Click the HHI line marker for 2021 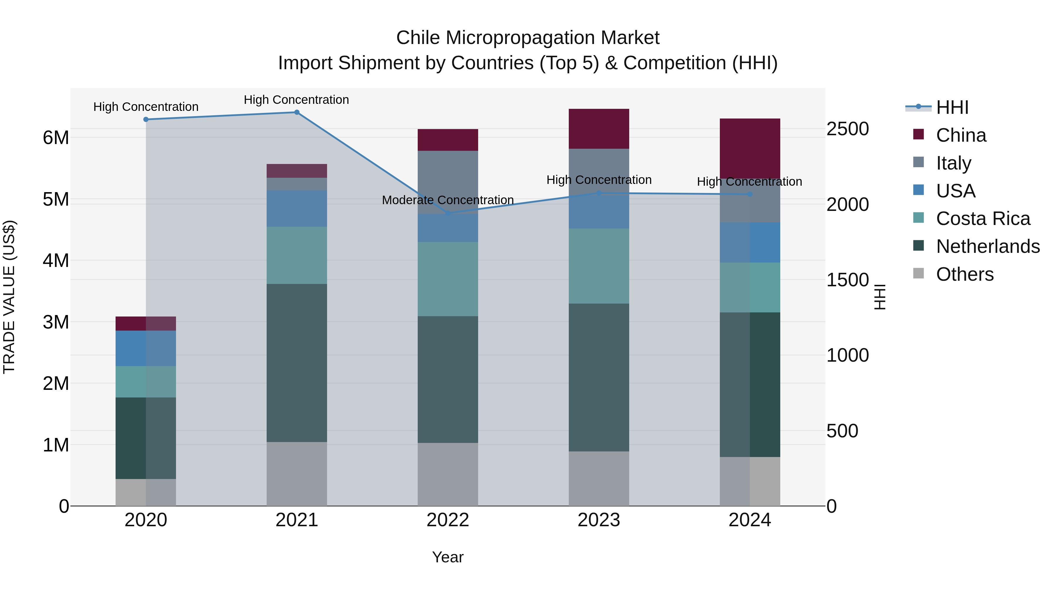click(x=297, y=112)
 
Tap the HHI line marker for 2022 click(x=448, y=213)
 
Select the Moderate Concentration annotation click(x=448, y=200)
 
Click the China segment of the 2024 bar click(x=750, y=148)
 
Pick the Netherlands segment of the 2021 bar click(x=297, y=363)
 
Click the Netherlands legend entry click(x=987, y=246)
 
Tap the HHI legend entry click(x=952, y=107)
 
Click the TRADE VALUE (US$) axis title click(x=9, y=297)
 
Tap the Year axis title click(x=448, y=557)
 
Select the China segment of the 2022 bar click(x=448, y=140)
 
